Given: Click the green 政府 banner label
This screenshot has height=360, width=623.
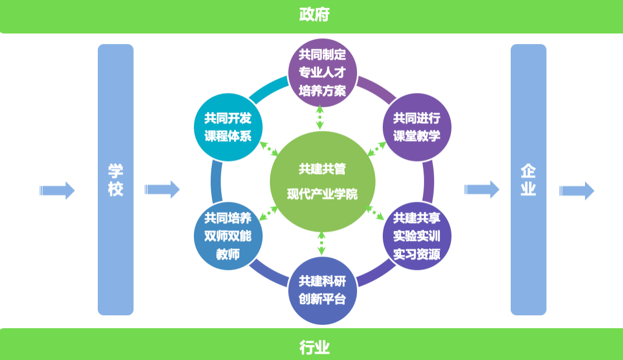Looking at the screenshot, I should tap(314, 15).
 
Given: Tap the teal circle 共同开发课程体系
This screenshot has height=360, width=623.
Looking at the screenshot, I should tap(227, 127).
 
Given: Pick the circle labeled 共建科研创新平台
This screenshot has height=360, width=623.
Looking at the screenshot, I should tap(322, 291).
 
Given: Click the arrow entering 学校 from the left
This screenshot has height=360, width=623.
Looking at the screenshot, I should tap(57, 190).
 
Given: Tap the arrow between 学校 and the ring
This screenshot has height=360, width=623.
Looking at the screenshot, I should tap(162, 190).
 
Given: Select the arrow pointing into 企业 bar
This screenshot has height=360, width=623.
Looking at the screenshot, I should tap(482, 190).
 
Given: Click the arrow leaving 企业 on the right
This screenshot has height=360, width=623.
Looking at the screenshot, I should tap(577, 190).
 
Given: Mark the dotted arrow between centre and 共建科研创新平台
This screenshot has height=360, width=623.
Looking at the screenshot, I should tap(321, 244).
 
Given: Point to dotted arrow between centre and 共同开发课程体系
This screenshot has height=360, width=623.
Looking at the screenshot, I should tap(270, 149).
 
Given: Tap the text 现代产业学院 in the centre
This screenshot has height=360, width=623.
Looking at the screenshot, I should tap(322, 195).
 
